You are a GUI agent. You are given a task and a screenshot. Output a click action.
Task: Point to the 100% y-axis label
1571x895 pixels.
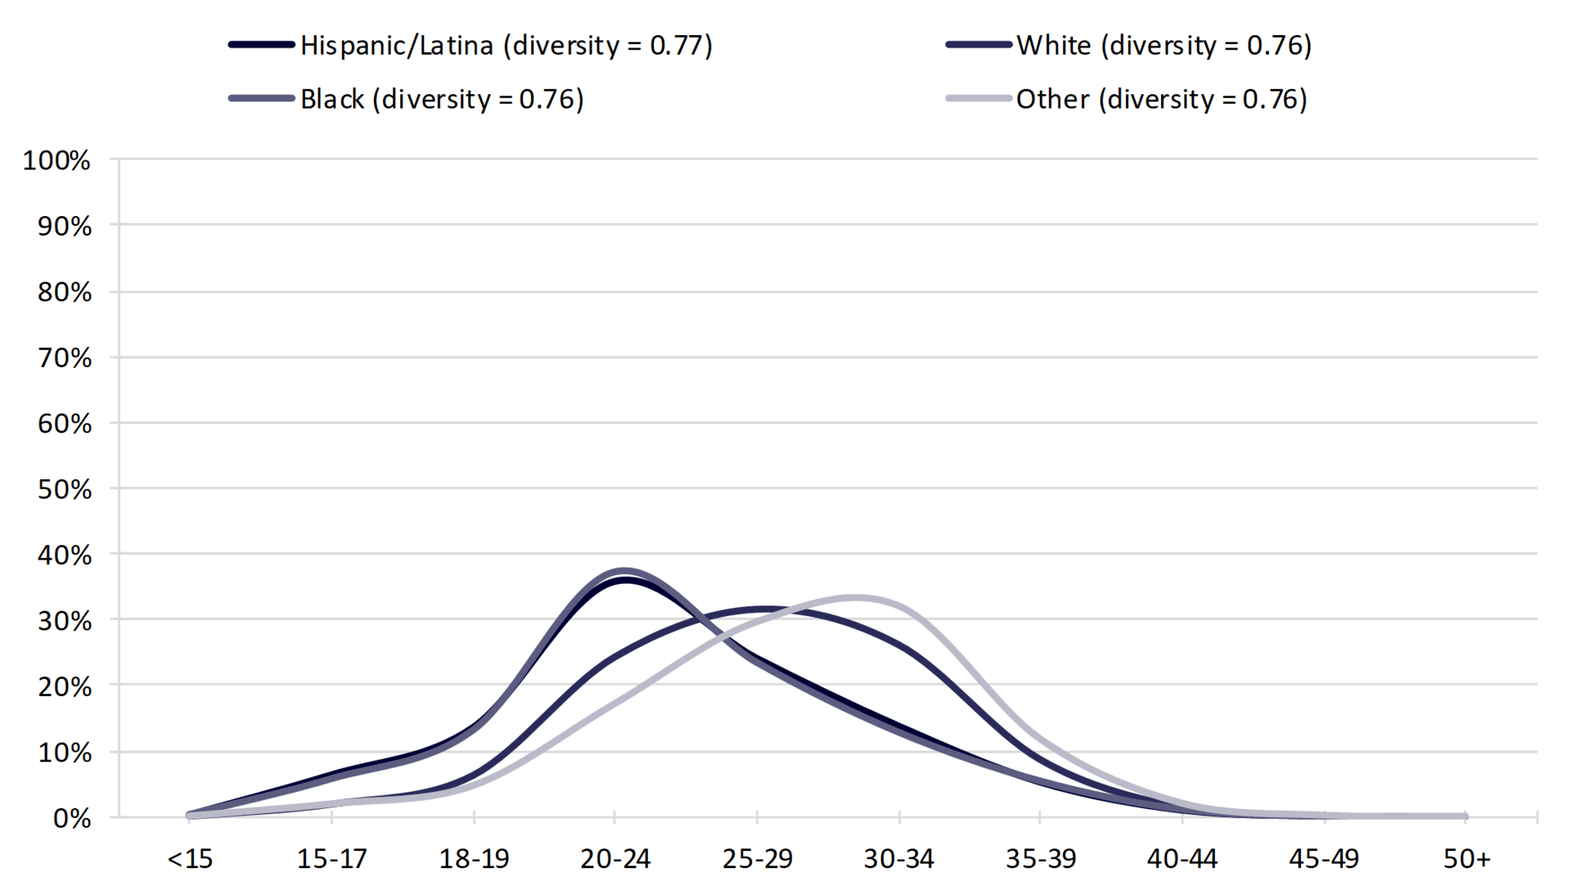[x=56, y=160]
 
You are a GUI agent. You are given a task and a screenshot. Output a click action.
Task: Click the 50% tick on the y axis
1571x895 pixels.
[x=65, y=489]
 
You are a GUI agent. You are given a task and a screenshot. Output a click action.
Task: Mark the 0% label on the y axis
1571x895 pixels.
[x=72, y=818]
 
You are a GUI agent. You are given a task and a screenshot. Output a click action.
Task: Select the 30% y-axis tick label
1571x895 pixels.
[x=65, y=621]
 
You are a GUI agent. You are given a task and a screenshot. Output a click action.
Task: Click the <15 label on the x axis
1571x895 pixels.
[x=190, y=859]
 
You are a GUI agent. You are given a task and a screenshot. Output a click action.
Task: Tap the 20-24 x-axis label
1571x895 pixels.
[x=615, y=859]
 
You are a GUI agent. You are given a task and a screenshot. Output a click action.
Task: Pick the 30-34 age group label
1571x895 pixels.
[x=898, y=859]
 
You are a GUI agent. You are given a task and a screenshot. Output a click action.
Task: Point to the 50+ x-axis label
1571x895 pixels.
[x=1466, y=859]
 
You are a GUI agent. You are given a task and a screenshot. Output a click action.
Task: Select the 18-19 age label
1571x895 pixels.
[x=474, y=859]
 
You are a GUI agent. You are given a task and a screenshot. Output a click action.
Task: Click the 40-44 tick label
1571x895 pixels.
[x=1182, y=859]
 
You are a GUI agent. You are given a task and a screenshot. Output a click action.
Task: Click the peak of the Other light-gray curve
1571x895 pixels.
[x=855, y=598]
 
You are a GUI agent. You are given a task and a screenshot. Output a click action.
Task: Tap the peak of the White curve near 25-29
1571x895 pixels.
[x=763, y=609]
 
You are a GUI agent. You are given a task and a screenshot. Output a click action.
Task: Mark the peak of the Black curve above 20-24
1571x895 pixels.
[x=623, y=570]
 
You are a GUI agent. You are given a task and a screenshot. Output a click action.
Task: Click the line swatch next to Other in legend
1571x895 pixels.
[x=978, y=99]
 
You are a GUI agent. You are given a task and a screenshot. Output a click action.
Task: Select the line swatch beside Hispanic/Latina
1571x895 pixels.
[x=262, y=45]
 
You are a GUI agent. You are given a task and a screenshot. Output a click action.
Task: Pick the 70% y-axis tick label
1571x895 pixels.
[x=65, y=358]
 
